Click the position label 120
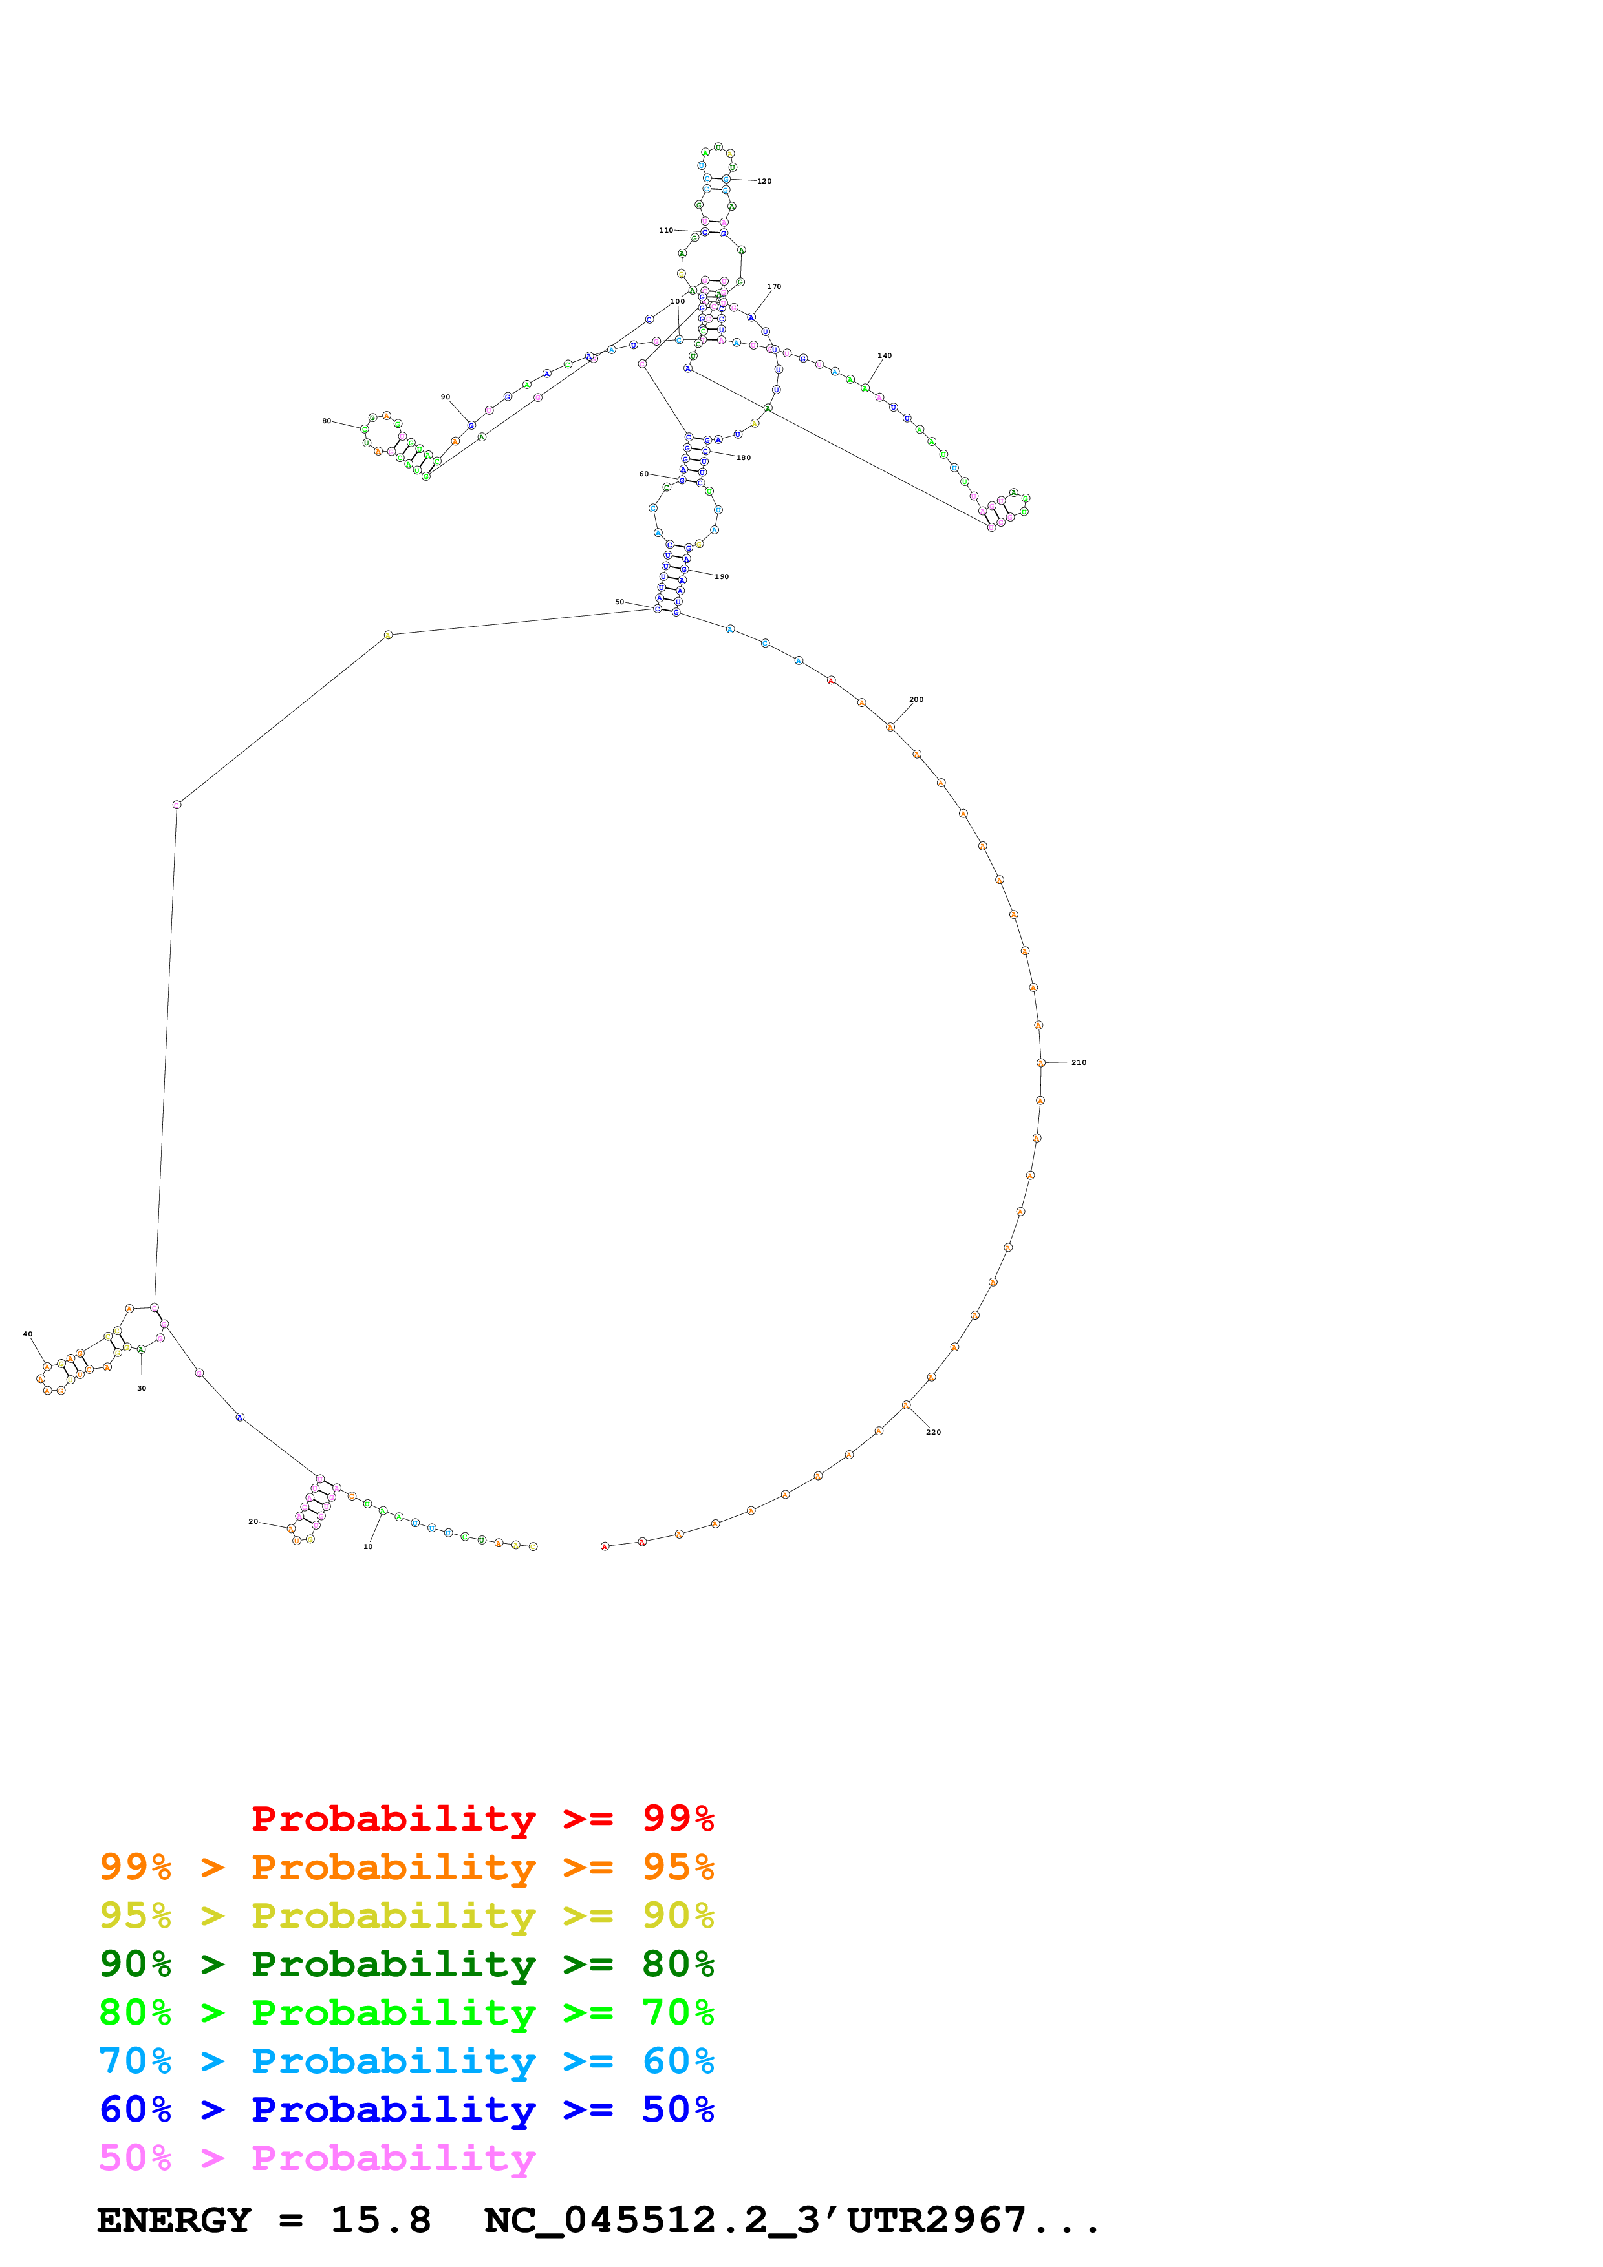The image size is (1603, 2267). (x=764, y=182)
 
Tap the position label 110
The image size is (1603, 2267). (x=665, y=230)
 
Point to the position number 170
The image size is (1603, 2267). (x=773, y=286)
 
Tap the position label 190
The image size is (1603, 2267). (x=722, y=576)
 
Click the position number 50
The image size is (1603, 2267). (x=619, y=601)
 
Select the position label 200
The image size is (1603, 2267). (x=916, y=699)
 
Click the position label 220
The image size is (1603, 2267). (x=933, y=1431)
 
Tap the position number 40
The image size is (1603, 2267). (x=28, y=1334)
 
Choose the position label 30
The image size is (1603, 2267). (x=141, y=1388)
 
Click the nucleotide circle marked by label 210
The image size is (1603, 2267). (x=1041, y=1062)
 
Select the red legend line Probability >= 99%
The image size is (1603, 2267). (x=482, y=1819)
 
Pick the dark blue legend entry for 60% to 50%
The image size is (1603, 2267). (x=406, y=2109)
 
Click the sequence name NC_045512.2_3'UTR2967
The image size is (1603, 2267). (x=790, y=2220)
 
